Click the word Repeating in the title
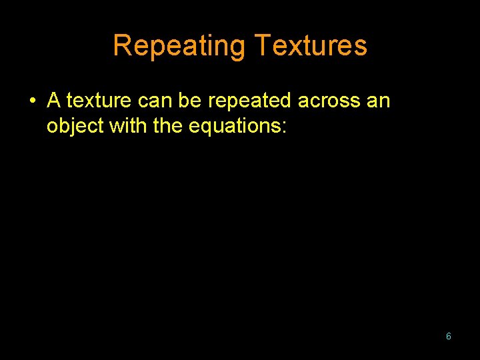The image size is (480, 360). tap(179, 46)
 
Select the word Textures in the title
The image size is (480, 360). tap(311, 46)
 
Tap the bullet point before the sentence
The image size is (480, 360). tap(31, 101)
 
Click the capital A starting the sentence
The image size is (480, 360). tap(54, 101)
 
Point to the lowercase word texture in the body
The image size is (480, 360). tap(99, 101)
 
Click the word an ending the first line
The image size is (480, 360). tap(378, 101)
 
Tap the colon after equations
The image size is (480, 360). tap(284, 127)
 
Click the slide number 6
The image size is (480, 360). tap(448, 336)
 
